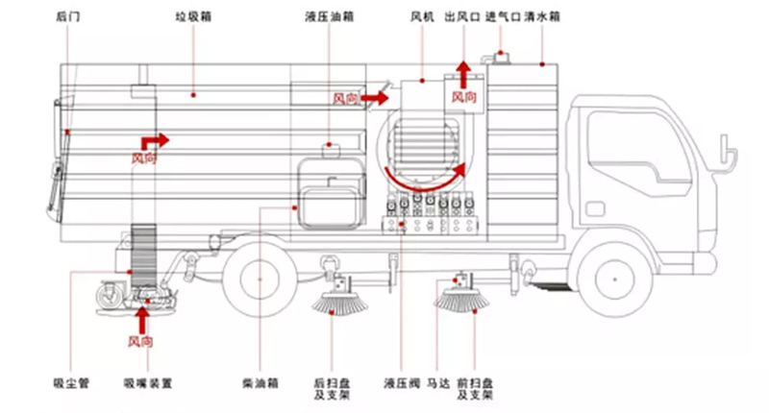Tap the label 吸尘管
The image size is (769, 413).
click(x=70, y=383)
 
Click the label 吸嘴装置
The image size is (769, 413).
click(x=147, y=383)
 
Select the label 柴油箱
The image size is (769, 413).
click(x=261, y=383)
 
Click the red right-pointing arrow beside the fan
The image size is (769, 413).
click(x=377, y=97)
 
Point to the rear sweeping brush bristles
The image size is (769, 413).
click(x=336, y=304)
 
